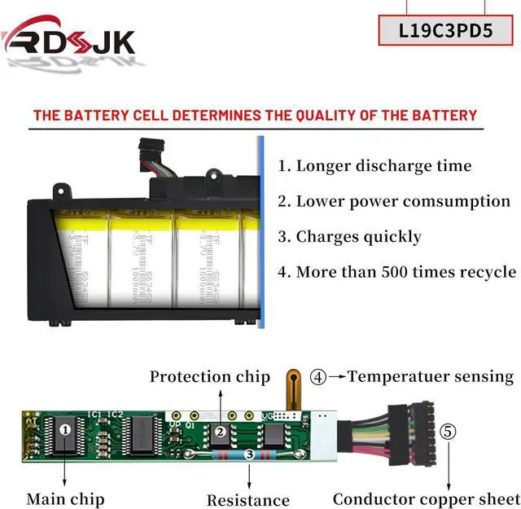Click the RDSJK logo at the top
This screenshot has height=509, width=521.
(x=68, y=39)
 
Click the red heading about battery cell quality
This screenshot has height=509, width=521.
(x=255, y=115)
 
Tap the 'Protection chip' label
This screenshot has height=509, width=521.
(x=209, y=376)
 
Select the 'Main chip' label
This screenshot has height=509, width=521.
(x=66, y=498)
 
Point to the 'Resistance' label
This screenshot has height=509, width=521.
(x=247, y=499)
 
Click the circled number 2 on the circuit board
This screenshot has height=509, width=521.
(x=219, y=432)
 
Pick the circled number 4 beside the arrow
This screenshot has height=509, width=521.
(x=318, y=377)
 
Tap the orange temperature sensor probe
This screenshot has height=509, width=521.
(x=291, y=386)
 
